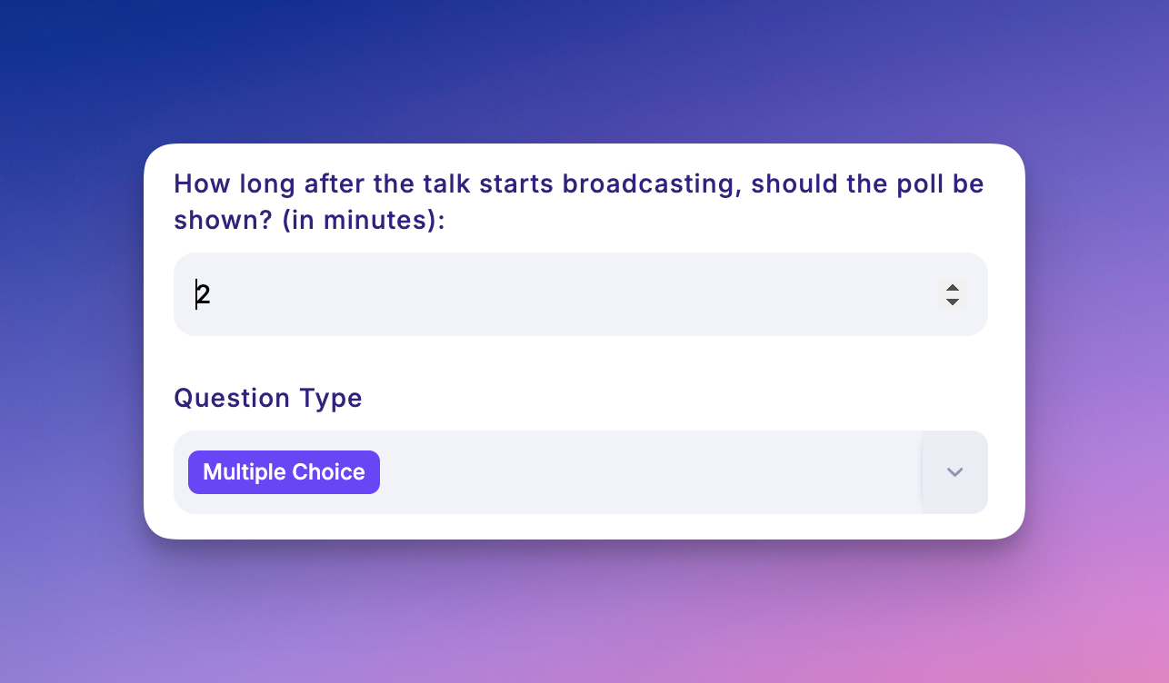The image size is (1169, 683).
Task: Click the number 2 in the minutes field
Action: [x=203, y=294]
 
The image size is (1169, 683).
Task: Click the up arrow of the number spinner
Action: [x=953, y=288]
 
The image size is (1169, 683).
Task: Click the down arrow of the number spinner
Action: [x=953, y=302]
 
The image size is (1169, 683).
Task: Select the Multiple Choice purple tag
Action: [x=284, y=472]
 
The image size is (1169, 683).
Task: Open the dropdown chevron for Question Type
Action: [x=954, y=472]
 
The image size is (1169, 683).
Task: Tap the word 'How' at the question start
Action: [x=202, y=184]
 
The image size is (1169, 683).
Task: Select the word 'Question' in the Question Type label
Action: [x=232, y=399]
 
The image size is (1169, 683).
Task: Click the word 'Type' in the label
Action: [x=331, y=400]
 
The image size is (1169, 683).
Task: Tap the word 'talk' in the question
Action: [x=446, y=184]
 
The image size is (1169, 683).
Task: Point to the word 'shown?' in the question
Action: [x=223, y=220]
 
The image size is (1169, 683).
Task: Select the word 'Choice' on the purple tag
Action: [x=328, y=472]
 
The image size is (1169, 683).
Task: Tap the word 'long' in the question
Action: [x=267, y=185]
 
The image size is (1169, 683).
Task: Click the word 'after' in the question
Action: [x=334, y=184]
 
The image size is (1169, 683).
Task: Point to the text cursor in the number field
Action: [x=196, y=294]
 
